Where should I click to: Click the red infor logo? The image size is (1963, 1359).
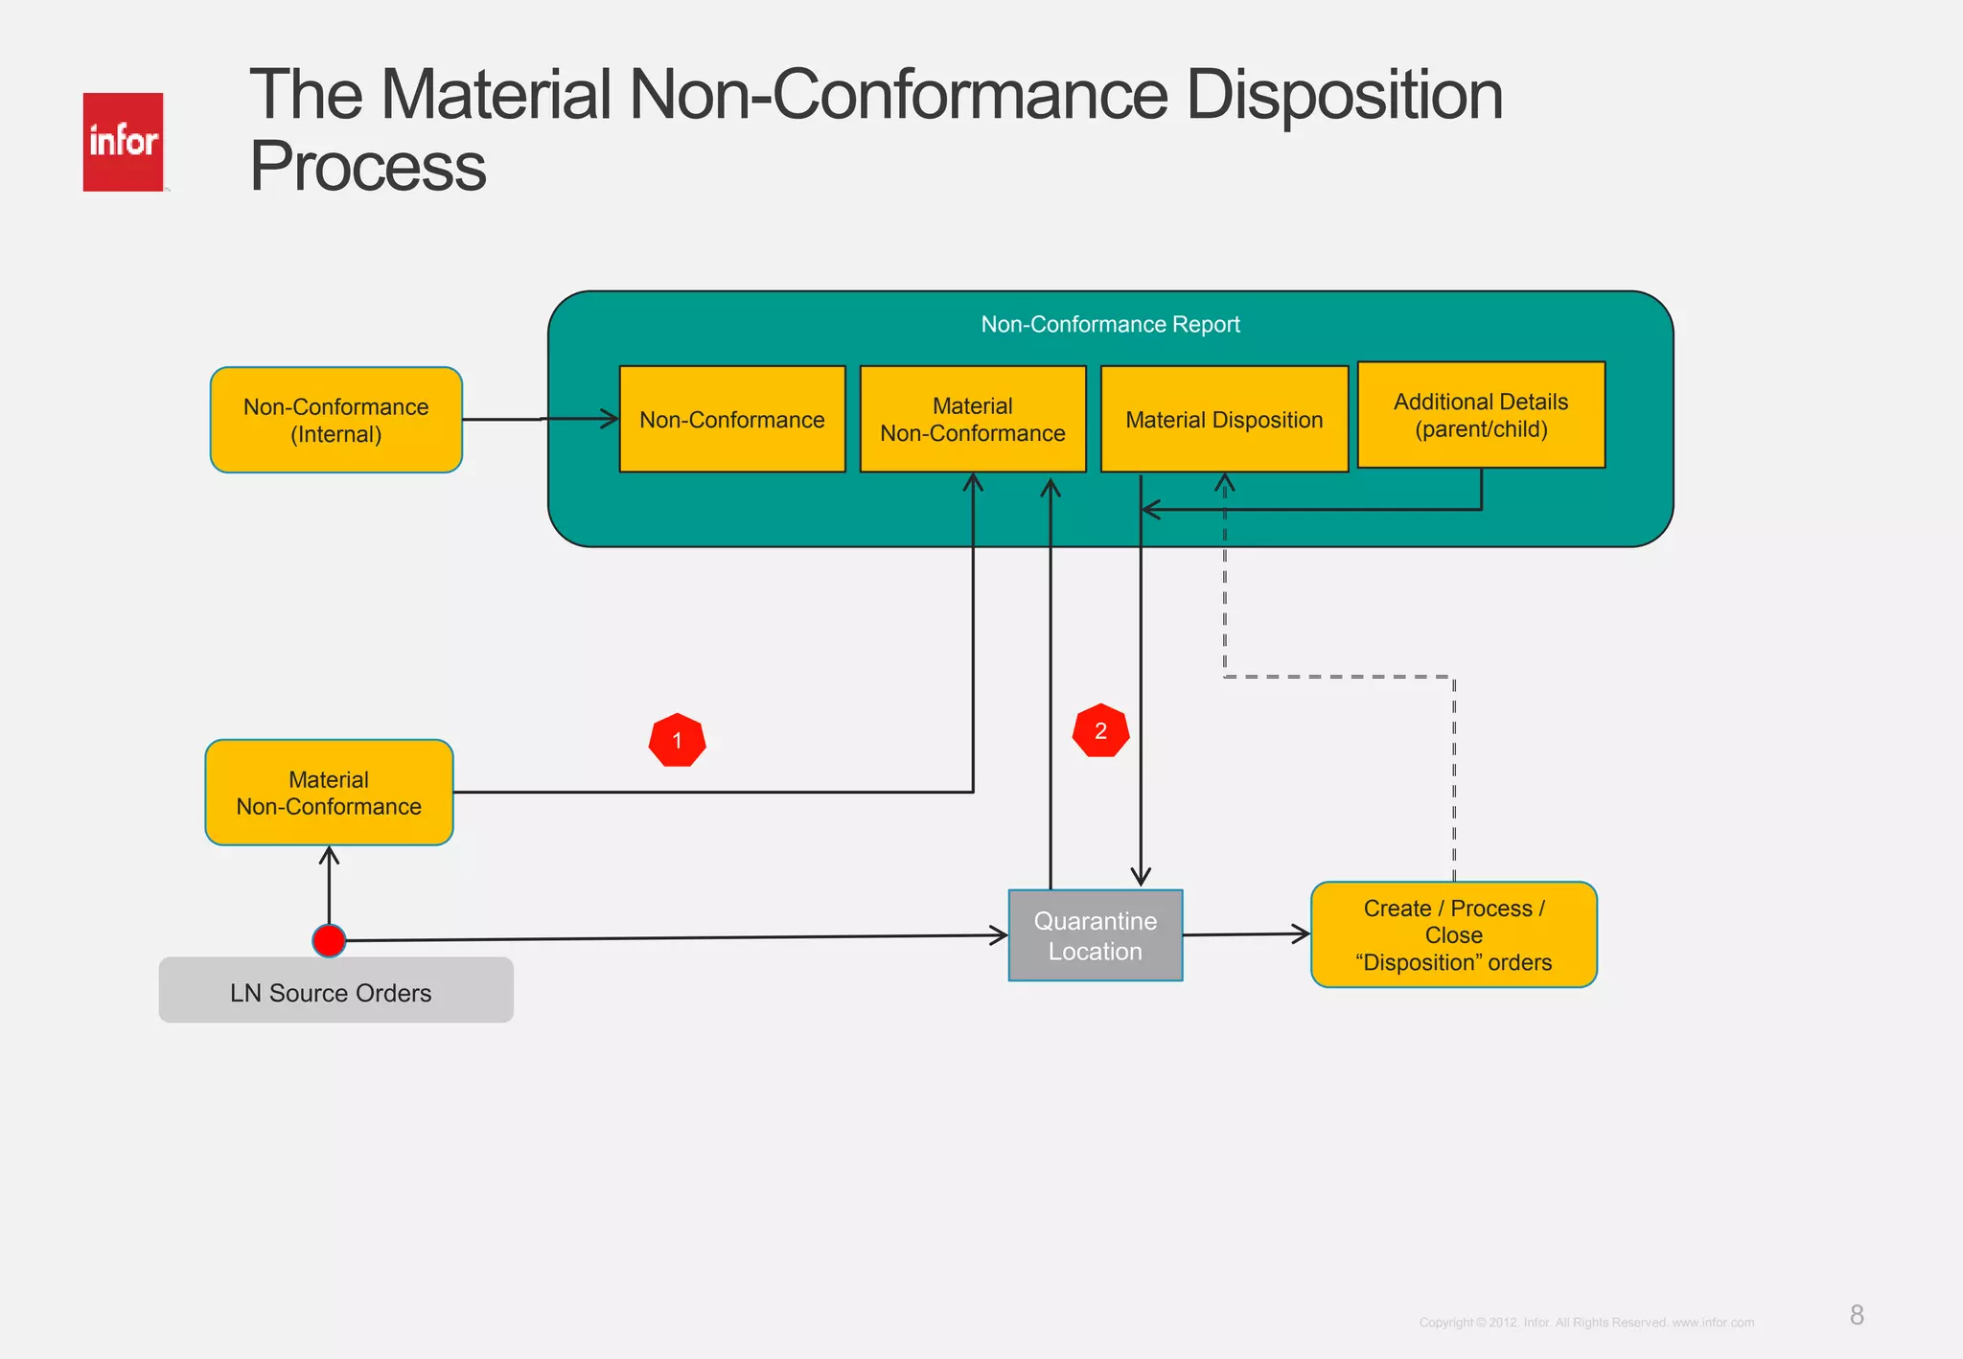coord(123,142)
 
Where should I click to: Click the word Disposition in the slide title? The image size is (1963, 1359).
coord(1344,96)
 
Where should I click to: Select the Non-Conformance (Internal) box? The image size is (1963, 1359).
coord(335,420)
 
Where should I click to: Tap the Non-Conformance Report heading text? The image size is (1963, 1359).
coord(1110,324)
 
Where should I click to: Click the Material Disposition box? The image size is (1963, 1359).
coord(1224,419)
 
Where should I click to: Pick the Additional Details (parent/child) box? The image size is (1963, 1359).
coord(1481,414)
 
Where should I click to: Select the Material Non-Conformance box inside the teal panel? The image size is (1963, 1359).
coord(972,419)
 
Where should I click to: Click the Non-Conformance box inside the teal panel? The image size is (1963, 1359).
coord(731,419)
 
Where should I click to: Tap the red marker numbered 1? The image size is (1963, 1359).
coord(677,740)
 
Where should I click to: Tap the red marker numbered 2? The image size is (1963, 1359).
coord(1100,731)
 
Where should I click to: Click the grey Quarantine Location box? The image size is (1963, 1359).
coord(1095,935)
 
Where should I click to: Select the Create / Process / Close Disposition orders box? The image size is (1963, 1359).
coord(1453,934)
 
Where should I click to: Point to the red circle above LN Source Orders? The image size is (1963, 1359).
coord(329,941)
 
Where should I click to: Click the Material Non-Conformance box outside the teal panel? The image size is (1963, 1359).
coord(329,793)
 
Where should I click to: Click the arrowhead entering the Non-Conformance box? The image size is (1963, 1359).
coord(611,419)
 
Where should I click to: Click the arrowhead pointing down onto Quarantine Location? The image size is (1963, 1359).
coord(1141,877)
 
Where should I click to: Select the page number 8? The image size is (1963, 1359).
coord(1857,1315)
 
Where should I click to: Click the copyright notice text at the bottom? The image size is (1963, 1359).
coord(1586,1323)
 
